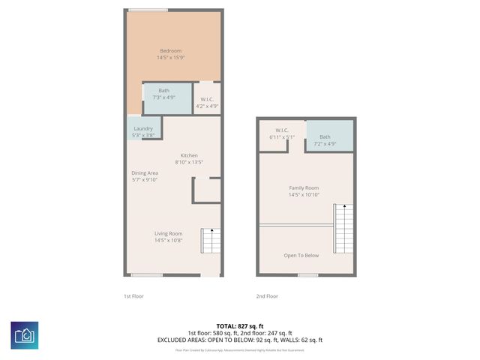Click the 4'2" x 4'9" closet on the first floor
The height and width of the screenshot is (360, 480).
coord(206,103)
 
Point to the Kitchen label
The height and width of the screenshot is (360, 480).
coord(188,155)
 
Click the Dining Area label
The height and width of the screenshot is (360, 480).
coord(145,173)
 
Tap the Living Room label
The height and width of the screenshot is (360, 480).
coord(169,233)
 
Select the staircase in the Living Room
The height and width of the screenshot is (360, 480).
coord(210,241)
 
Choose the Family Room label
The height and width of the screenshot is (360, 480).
coord(304,187)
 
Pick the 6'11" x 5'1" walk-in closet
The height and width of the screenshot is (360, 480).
coord(282,134)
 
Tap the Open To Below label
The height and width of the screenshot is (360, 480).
coord(301,255)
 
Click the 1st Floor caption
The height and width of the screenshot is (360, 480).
coord(133,296)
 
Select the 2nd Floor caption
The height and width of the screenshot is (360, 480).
coord(267,296)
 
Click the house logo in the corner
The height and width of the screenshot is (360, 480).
coord(24,335)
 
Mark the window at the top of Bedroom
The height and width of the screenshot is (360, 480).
coord(147,10)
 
